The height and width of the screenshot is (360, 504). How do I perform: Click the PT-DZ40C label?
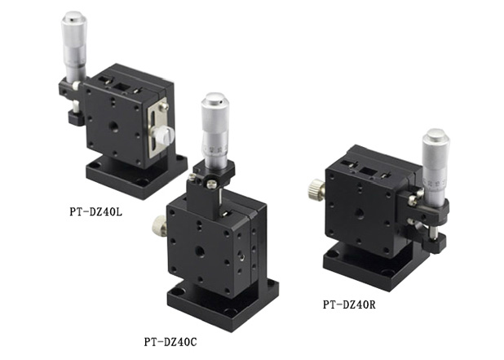tap(170, 340)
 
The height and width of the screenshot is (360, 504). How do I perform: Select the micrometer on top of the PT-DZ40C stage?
tap(215, 131)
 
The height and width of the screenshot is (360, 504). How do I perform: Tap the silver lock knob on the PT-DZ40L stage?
tap(165, 136)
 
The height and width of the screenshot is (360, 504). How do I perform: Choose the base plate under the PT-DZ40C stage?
tap(220, 302)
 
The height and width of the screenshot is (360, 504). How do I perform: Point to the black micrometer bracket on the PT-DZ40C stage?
tap(214, 173)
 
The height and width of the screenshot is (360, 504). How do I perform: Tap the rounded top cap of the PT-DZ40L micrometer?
tap(73, 19)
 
